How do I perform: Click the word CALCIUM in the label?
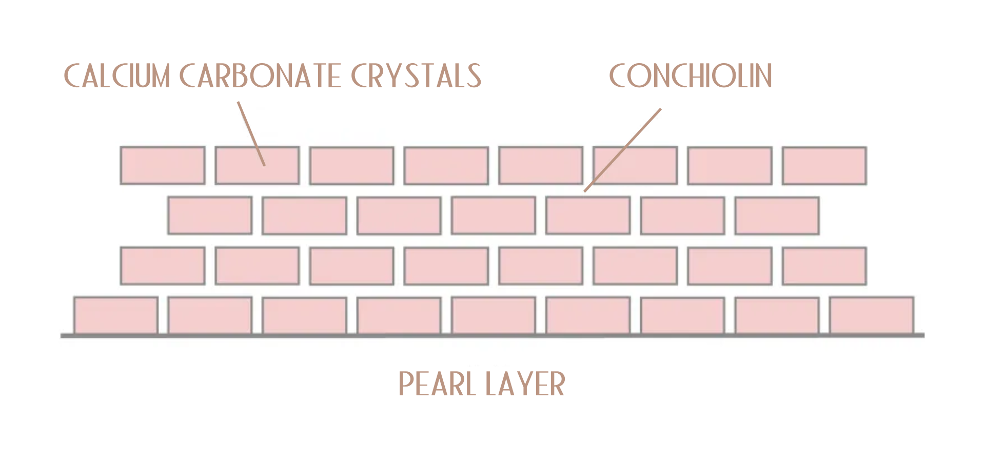click(x=116, y=76)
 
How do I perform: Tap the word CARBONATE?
click(x=260, y=76)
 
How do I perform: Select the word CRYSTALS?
click(x=416, y=76)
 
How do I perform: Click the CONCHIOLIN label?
click(x=691, y=76)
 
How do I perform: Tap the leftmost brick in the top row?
click(x=163, y=165)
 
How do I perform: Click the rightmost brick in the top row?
click(x=824, y=165)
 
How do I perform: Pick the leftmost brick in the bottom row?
click(x=116, y=315)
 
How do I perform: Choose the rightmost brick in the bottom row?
click(x=872, y=315)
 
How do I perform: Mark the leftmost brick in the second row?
click(x=210, y=215)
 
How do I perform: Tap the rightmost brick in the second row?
click(x=777, y=215)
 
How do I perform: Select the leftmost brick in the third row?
click(x=163, y=265)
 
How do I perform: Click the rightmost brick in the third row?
click(x=824, y=265)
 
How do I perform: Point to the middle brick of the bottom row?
click(x=494, y=315)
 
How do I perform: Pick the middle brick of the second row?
click(x=494, y=215)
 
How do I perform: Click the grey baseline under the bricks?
click(x=493, y=336)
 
